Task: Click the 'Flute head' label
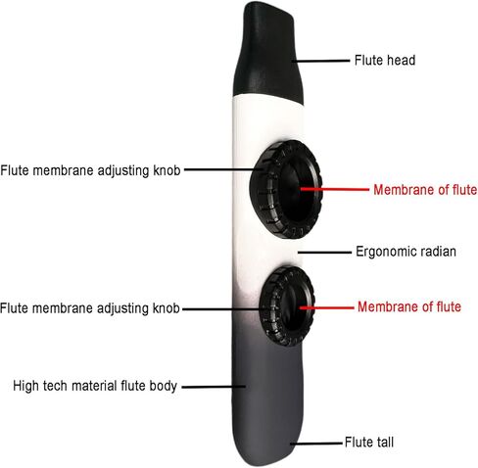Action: (x=385, y=61)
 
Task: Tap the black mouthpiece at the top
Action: (x=267, y=52)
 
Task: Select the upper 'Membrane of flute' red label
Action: (x=425, y=190)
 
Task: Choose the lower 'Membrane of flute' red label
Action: (x=409, y=306)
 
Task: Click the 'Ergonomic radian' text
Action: (x=406, y=252)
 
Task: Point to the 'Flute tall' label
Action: (x=369, y=443)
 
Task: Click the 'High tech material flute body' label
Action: (x=95, y=386)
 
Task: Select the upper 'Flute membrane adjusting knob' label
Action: (x=90, y=170)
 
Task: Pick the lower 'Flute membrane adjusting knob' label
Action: (x=90, y=308)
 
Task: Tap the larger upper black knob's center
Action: (x=286, y=189)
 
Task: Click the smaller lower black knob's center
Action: (x=287, y=306)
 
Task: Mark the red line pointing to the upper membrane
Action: (x=335, y=189)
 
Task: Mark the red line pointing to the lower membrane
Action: (x=327, y=307)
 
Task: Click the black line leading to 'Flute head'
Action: (x=320, y=61)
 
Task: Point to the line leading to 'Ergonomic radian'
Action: (x=324, y=253)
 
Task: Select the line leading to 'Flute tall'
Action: (x=316, y=444)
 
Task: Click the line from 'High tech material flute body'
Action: (x=214, y=387)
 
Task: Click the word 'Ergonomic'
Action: (x=382, y=252)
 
